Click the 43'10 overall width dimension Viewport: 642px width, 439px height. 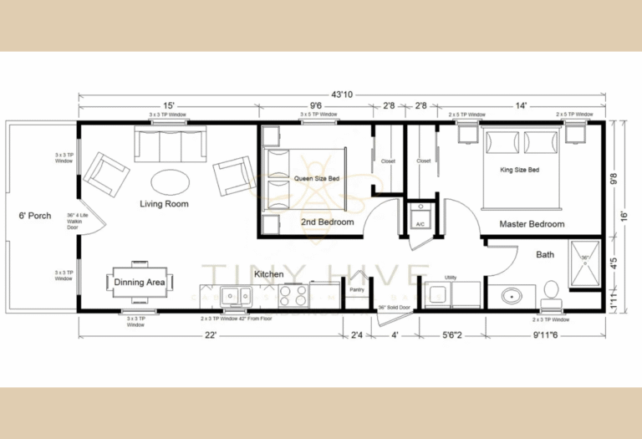click(x=342, y=94)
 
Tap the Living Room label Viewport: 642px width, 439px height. click(x=164, y=204)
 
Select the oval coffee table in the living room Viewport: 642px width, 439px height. click(x=170, y=180)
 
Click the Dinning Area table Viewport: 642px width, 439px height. click(x=139, y=282)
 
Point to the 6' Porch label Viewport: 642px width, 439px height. click(x=34, y=216)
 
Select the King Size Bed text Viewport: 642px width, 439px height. click(x=519, y=170)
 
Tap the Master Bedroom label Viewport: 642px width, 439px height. click(x=532, y=224)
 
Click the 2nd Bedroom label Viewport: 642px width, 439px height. click(x=327, y=222)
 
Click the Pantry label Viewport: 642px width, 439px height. click(x=356, y=290)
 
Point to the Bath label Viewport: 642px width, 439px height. click(x=545, y=254)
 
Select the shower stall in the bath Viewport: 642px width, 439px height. click(x=585, y=263)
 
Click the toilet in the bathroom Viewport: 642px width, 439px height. click(x=550, y=292)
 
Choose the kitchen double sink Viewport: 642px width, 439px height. click(x=237, y=295)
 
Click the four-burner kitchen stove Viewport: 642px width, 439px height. click(x=293, y=295)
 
